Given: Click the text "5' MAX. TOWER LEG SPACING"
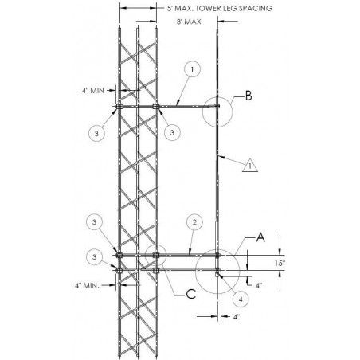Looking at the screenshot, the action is (219, 8).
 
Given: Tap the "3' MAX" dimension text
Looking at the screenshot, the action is (189, 22).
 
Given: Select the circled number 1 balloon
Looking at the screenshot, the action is (192, 69).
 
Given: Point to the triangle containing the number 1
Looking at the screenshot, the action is (250, 166).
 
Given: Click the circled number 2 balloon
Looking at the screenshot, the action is (194, 222).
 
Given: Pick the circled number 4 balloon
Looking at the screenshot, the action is (241, 299).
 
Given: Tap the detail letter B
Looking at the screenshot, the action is (248, 96).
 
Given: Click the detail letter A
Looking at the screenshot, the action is (260, 237).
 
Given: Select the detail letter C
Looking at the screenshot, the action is (191, 294).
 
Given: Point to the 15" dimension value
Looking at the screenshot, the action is (280, 263).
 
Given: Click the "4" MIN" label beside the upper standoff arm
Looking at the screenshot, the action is (93, 91).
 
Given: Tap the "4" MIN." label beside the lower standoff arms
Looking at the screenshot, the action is (87, 286).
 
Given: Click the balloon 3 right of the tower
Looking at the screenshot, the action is (172, 132).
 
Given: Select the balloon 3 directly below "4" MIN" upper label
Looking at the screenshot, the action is (96, 133).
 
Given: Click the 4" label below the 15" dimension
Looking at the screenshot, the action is (259, 285).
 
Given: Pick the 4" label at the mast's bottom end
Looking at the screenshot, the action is (237, 317).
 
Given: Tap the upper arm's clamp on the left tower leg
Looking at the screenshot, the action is (119, 107).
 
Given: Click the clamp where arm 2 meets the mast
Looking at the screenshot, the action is (217, 256).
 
